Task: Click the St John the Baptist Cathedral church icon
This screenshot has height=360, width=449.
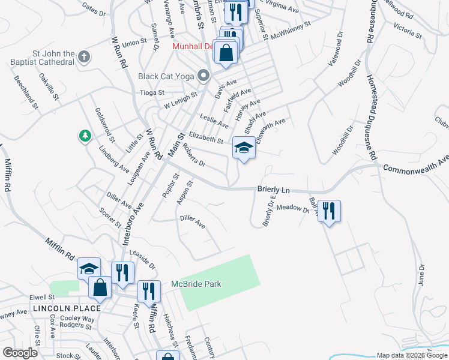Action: click(x=84, y=57)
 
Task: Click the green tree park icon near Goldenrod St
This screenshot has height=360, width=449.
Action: click(x=85, y=136)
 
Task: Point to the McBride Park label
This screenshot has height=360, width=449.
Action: click(x=197, y=284)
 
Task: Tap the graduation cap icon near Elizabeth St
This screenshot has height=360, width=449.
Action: click(x=244, y=148)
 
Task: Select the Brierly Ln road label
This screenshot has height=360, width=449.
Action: click(x=273, y=190)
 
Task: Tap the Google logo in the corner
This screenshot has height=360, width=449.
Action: click(x=20, y=353)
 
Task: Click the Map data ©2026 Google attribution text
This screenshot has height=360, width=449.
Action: click(x=411, y=356)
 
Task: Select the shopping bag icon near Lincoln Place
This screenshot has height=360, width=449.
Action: click(x=100, y=287)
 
